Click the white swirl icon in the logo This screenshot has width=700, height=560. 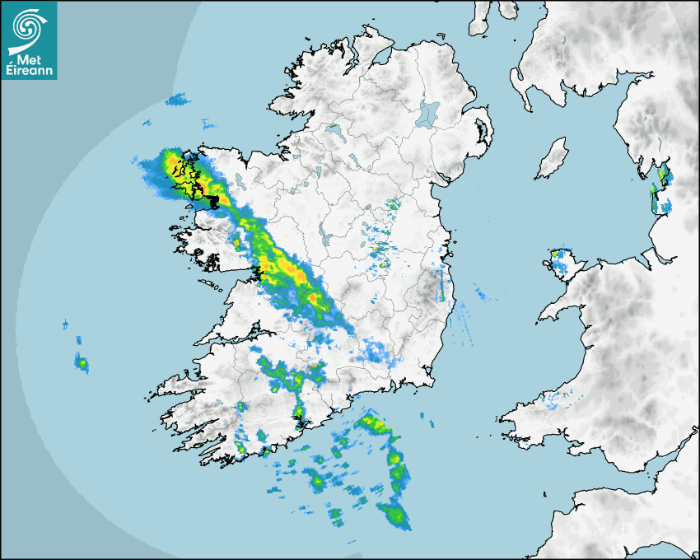28,26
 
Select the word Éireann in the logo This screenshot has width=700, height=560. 28,70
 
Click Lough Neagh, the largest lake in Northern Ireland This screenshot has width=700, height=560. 428,113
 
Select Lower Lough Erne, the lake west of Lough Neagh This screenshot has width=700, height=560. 333,129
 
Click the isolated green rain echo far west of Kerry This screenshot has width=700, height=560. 82,362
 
